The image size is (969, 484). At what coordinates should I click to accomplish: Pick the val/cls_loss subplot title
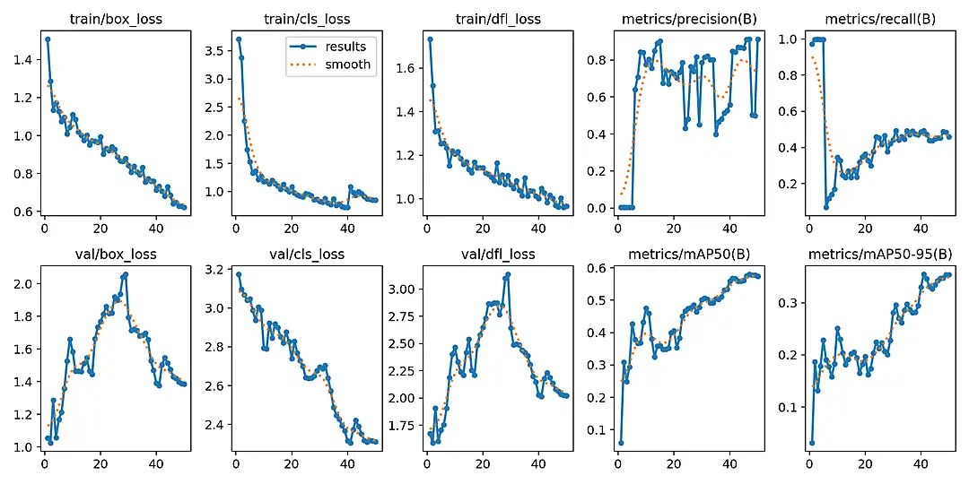(x=308, y=254)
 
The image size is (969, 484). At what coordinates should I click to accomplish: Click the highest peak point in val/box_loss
(x=125, y=274)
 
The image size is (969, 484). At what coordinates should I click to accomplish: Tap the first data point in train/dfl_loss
(x=430, y=39)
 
